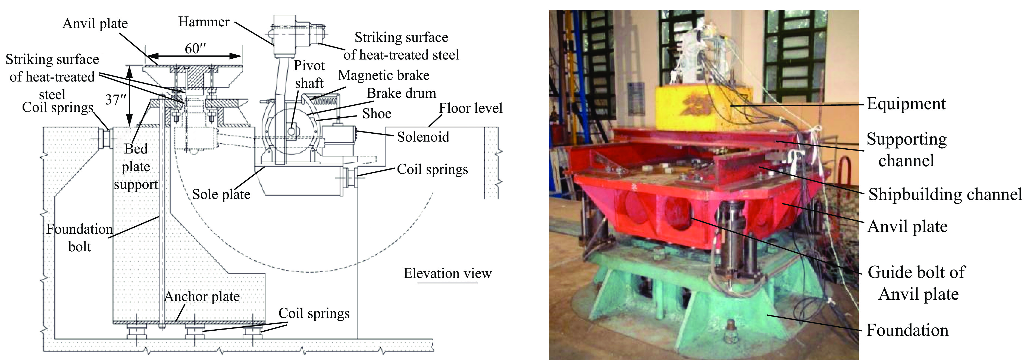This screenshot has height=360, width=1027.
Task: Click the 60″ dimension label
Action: pos(195,49)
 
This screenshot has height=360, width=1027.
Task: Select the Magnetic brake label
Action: pos(384,75)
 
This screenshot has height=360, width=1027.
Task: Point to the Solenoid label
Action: pos(423,137)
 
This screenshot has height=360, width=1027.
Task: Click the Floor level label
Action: pos(471,108)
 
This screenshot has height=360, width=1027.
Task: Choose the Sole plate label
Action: pos(221,194)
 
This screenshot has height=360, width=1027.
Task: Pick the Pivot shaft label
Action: pos(309,74)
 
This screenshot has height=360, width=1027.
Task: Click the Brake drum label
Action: pos(402,93)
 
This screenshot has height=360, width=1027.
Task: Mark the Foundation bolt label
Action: pos(79,238)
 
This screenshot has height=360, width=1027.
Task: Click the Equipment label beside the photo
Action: pos(906,104)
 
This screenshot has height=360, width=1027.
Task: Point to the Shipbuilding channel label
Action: pos(945,194)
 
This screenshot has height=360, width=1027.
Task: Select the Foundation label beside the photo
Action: pos(907,330)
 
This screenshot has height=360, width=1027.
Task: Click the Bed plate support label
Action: pos(136,167)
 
